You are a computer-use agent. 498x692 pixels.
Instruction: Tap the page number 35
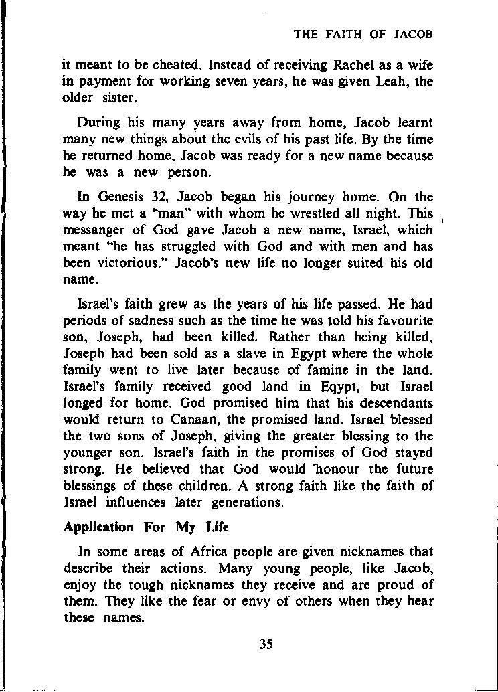pos(266,644)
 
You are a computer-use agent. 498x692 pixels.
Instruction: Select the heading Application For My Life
pos(146,527)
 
